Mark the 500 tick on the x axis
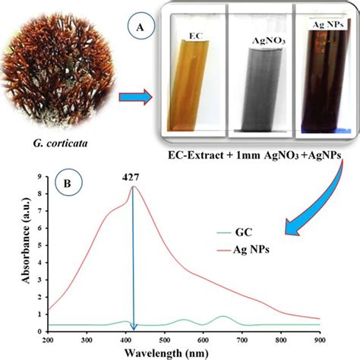coord(166,340)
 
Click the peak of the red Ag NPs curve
coord(134,187)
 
